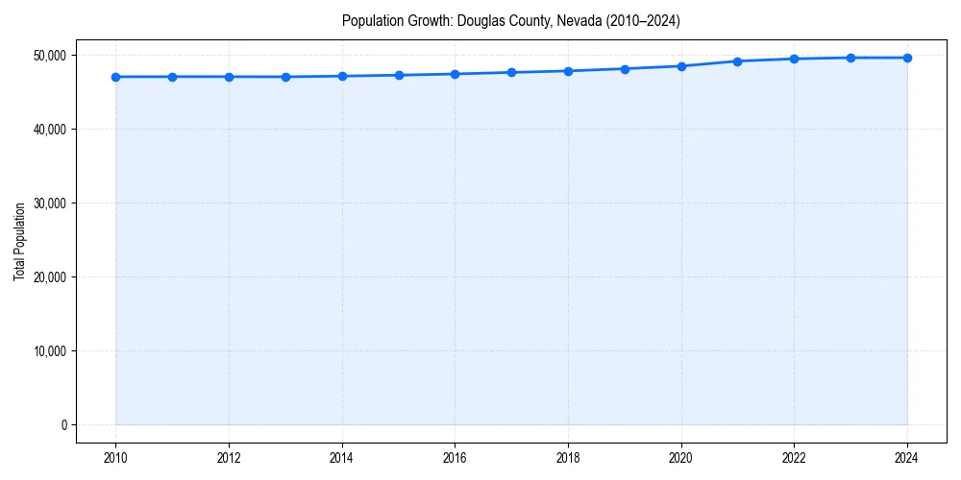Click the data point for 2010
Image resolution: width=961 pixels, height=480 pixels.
(115, 77)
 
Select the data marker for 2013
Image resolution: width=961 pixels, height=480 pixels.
(285, 77)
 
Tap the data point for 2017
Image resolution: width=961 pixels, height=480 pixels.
(511, 72)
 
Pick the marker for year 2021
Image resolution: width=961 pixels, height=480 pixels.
(738, 61)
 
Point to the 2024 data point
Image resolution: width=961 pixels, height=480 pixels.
(907, 58)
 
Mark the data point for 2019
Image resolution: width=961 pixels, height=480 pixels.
(625, 69)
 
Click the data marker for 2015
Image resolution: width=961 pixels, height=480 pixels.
(399, 75)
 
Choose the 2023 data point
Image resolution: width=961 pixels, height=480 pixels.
(850, 58)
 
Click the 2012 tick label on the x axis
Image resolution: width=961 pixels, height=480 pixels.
(229, 458)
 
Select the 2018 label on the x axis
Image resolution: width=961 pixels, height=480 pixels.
(568, 458)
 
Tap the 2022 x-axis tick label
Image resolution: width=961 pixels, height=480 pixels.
(794, 458)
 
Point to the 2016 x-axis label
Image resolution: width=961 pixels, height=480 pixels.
(455, 458)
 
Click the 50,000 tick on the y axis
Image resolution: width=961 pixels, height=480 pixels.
(48, 56)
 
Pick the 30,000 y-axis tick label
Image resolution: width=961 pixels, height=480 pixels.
(48, 204)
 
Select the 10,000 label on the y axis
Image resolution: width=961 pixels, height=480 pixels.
(48, 351)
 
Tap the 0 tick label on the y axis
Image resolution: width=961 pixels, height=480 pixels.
(63, 425)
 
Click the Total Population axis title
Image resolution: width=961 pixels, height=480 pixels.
(19, 241)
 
